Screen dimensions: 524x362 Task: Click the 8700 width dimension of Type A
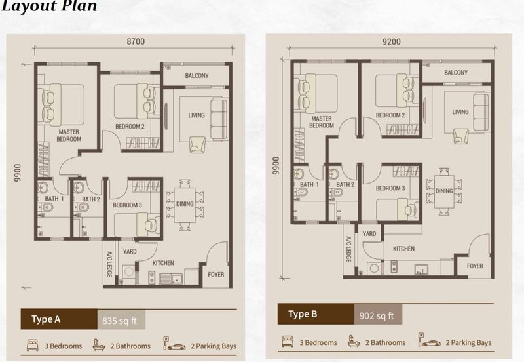pyautogui.click(x=136, y=41)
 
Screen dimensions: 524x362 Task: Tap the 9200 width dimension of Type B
pyautogui.click(x=391, y=41)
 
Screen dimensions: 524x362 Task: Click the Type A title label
pyautogui.click(x=46, y=319)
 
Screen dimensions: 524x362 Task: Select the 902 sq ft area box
pyautogui.click(x=378, y=315)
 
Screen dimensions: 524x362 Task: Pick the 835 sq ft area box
pyautogui.click(x=121, y=320)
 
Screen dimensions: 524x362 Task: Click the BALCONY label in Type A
pyautogui.click(x=197, y=75)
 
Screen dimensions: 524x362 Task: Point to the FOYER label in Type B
pyautogui.click(x=475, y=266)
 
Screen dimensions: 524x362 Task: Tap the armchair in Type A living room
pyautogui.click(x=197, y=144)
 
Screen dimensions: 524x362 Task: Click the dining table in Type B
pyautogui.click(x=444, y=191)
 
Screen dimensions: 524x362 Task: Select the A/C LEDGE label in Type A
pyautogui.click(x=109, y=264)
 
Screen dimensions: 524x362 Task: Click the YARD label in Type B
pyautogui.click(x=369, y=234)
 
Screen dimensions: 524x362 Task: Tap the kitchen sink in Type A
pyautogui.click(x=171, y=278)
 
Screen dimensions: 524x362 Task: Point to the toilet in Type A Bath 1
pyautogui.click(x=46, y=208)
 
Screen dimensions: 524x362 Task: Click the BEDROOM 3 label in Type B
pyautogui.click(x=390, y=188)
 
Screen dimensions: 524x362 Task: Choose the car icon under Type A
pyautogui.click(x=176, y=347)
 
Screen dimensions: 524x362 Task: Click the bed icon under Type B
pyautogui.click(x=288, y=341)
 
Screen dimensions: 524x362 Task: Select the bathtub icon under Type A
pyautogui.click(x=99, y=344)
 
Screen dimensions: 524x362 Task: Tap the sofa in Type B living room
pyautogui.click(x=481, y=112)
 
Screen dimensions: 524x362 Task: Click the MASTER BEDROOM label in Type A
pyautogui.click(x=69, y=136)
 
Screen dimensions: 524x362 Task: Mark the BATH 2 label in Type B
pyautogui.click(x=345, y=184)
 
